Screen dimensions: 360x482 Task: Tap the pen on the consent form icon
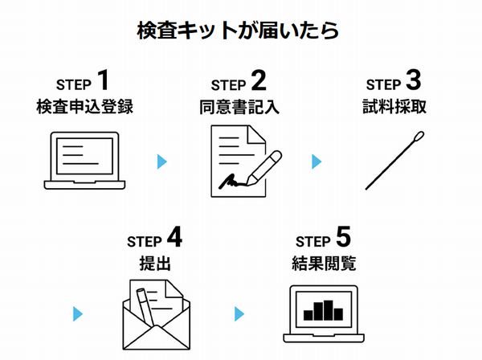(263, 166)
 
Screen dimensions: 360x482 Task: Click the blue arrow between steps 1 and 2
(162, 162)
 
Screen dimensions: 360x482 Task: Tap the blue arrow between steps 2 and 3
(316, 162)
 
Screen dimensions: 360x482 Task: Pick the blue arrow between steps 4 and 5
(239, 313)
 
